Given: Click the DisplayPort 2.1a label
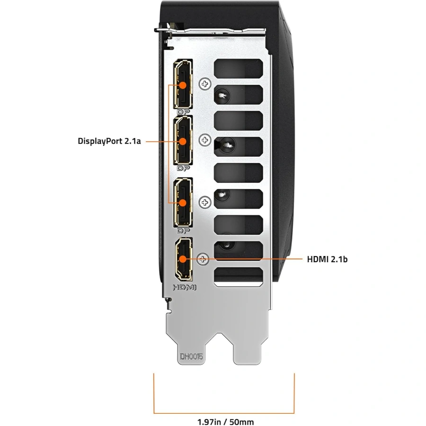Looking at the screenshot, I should click(x=109, y=141).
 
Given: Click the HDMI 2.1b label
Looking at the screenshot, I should click(x=327, y=259).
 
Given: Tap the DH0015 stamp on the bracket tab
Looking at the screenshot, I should click(x=192, y=357).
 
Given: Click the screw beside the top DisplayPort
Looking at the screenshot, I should click(x=205, y=84).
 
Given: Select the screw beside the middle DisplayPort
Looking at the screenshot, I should click(x=205, y=140).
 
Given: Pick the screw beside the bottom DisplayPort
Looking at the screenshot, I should click(x=205, y=202).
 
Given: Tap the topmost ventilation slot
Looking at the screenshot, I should click(x=238, y=69).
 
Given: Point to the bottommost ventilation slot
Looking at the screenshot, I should click(x=238, y=276).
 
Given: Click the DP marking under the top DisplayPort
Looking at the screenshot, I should click(x=183, y=112).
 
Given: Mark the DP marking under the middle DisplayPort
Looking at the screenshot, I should click(x=183, y=168).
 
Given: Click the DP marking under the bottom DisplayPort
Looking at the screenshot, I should click(x=183, y=231).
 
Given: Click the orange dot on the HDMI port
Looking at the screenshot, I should click(x=183, y=259).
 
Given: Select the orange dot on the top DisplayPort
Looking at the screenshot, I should click(x=183, y=85).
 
